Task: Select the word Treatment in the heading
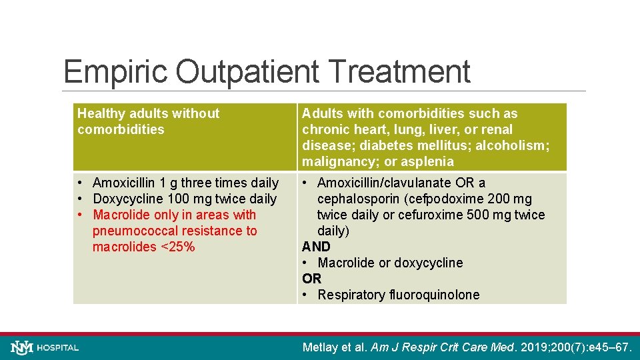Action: pyautogui.click(x=399, y=72)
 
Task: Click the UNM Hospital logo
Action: pyautogui.click(x=45, y=347)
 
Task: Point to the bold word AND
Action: pyautogui.click(x=316, y=247)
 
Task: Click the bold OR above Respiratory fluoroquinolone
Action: pyautogui.click(x=311, y=279)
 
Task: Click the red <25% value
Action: pyautogui.click(x=177, y=247)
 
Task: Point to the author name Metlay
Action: pyautogui.click(x=323, y=347)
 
